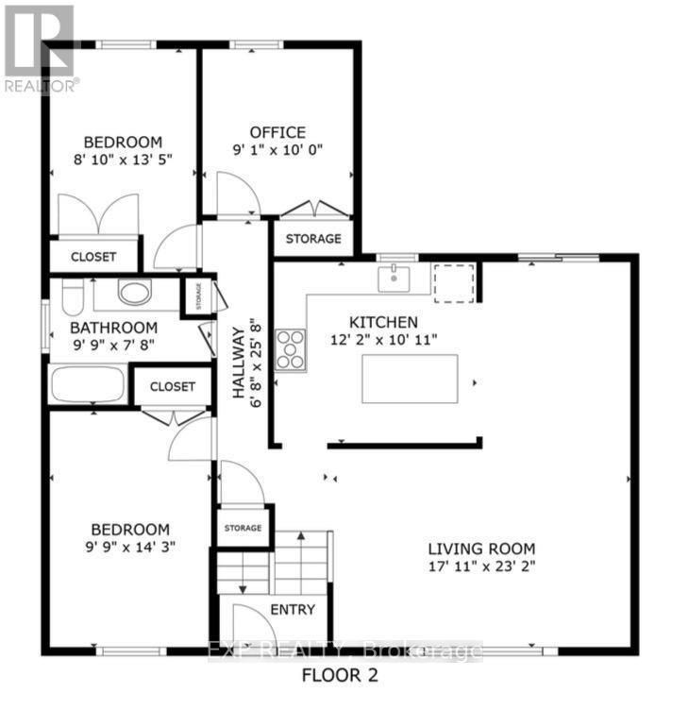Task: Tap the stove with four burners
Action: (290, 348)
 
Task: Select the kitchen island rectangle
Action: (411, 379)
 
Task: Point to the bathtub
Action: (87, 385)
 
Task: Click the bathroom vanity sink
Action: (135, 293)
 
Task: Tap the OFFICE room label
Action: (277, 132)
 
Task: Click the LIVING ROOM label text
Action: (481, 549)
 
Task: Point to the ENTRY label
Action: (293, 609)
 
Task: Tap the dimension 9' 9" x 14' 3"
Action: (129, 546)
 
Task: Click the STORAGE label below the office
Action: (313, 238)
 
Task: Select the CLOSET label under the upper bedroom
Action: (93, 257)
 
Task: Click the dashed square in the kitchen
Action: (451, 282)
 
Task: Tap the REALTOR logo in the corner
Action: (40, 47)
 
